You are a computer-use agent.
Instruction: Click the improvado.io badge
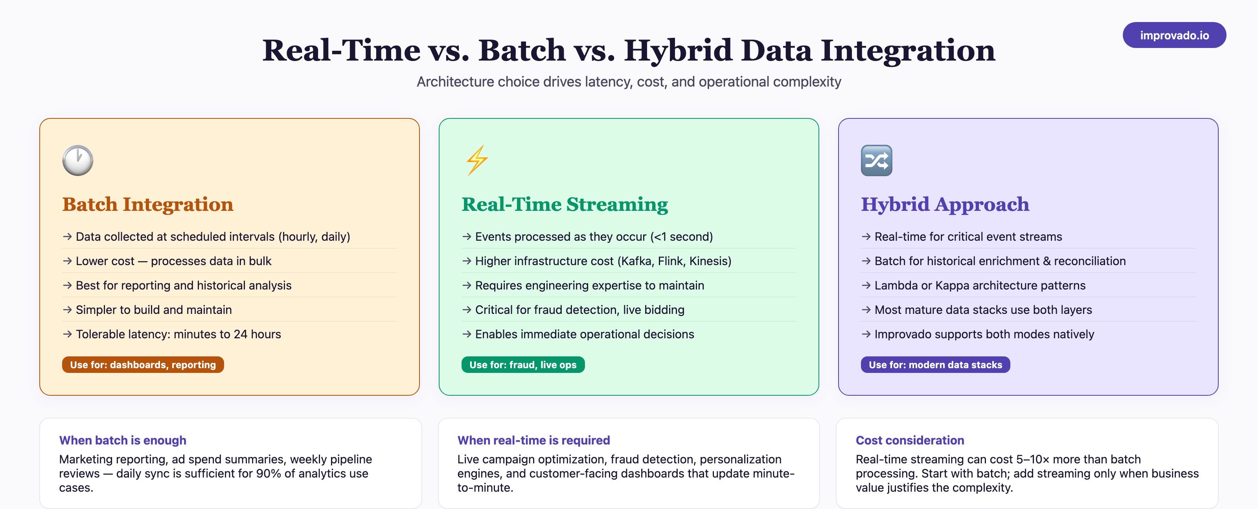pos(1174,35)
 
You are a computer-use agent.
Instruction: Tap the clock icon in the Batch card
pos(78,160)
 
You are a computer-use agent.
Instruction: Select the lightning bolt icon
pos(476,160)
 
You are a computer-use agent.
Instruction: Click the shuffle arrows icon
pos(876,160)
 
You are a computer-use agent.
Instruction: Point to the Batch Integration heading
pos(147,204)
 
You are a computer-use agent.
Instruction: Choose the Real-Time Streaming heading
pos(565,204)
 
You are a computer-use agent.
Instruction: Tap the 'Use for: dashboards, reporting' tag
pos(143,365)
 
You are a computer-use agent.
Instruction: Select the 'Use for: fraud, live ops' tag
pos(522,365)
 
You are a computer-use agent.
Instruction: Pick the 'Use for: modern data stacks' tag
pos(935,365)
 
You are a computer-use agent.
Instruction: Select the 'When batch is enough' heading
pos(123,440)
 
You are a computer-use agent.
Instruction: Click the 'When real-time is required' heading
pos(533,440)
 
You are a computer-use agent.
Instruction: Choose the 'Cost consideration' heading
pos(909,440)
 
